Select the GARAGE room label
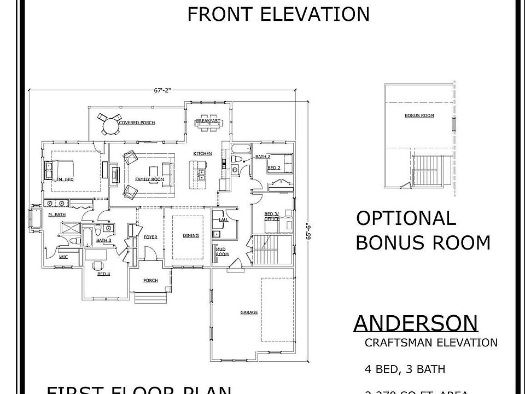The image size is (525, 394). pos(249,312)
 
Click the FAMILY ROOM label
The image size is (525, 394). pos(150,179)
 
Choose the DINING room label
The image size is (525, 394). pos(190,235)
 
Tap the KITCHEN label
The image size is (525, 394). pos(202,153)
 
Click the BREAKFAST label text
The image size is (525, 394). pos(208,120)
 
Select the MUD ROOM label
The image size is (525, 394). pos(222,252)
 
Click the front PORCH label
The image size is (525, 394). pos(150,280)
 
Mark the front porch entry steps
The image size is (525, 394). pos(151,298)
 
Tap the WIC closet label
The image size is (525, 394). pos(63,256)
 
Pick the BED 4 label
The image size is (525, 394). pos(103,274)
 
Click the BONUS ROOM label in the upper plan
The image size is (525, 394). pos(419,115)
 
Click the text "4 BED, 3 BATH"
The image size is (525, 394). pos(405,369)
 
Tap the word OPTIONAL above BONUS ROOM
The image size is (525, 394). pos(406,218)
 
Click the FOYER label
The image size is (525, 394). pos(150,237)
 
